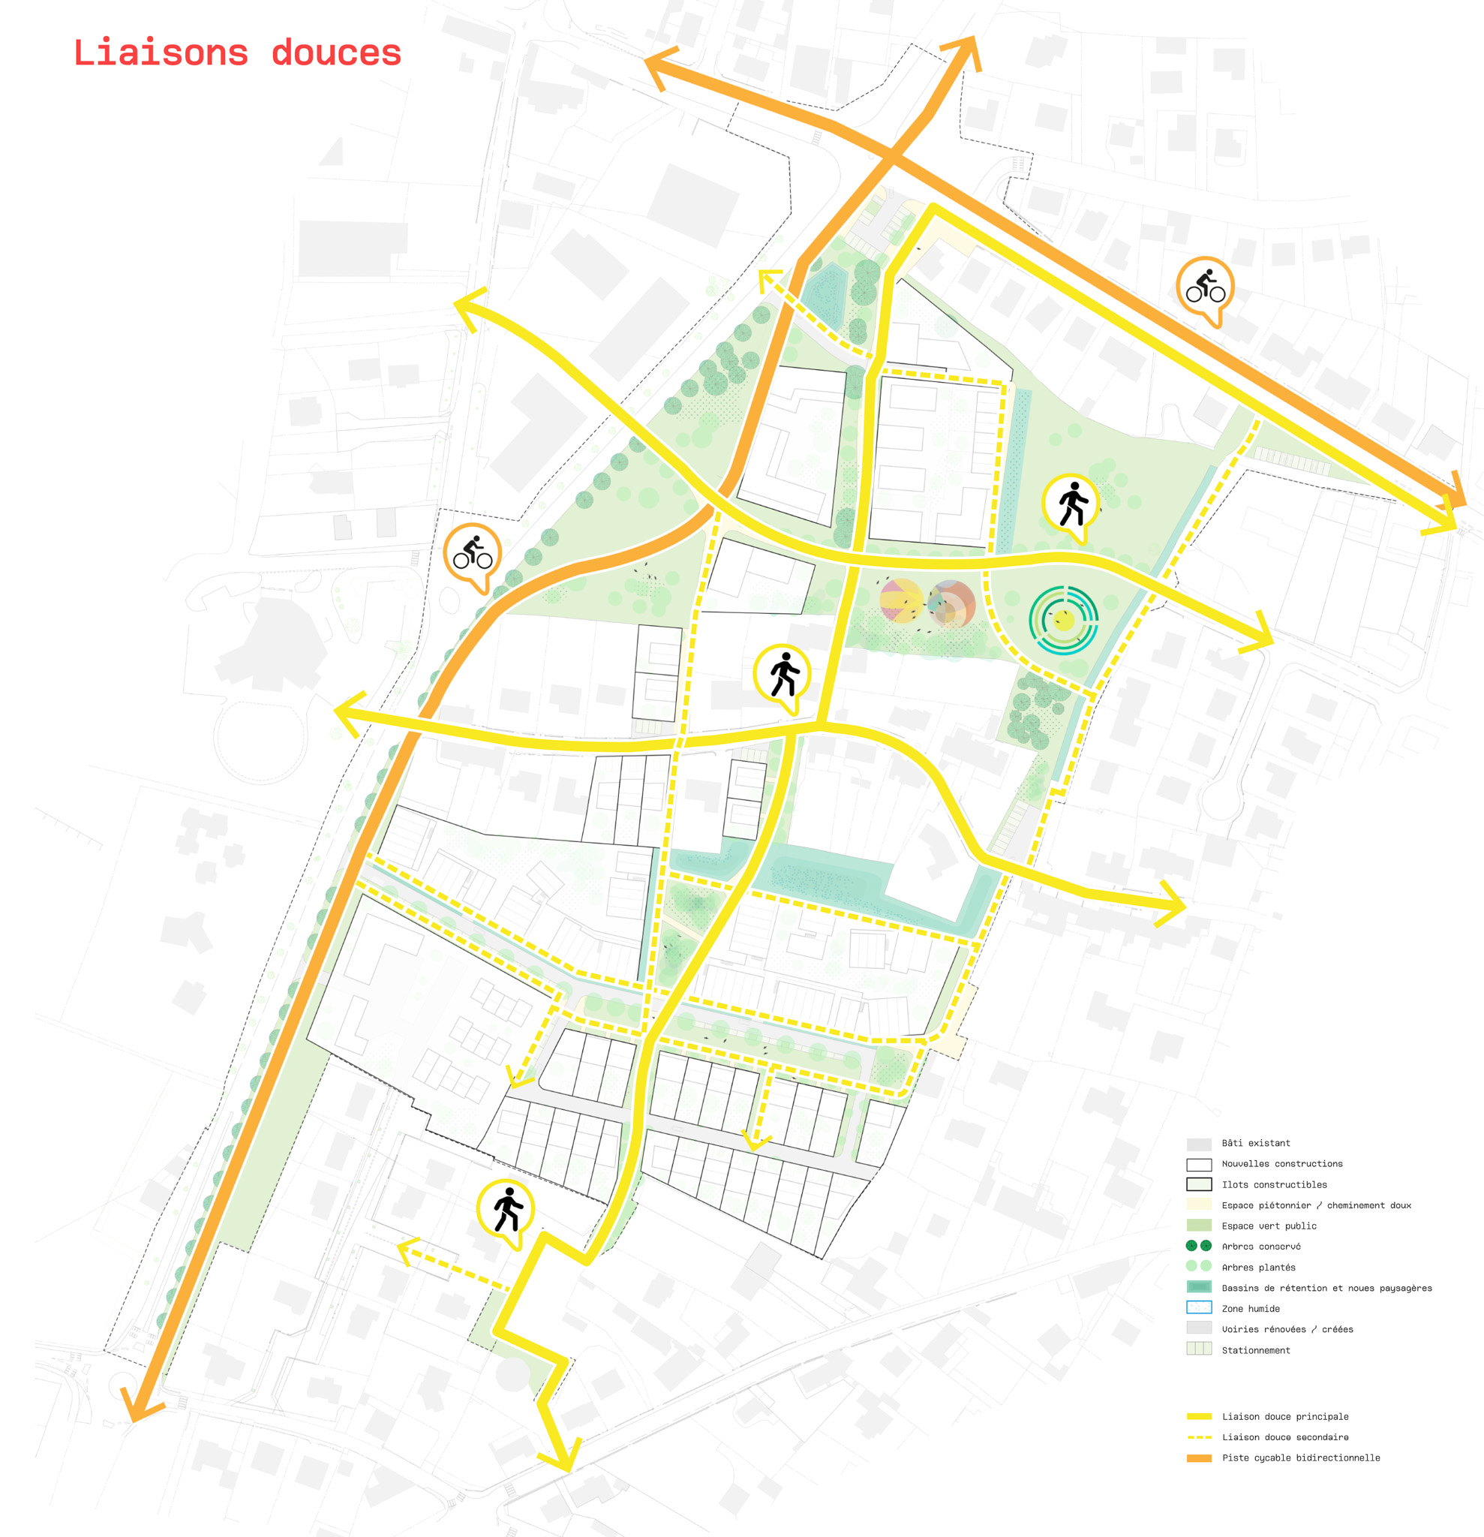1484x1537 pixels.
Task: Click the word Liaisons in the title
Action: tap(161, 53)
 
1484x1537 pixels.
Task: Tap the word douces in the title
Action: tap(336, 53)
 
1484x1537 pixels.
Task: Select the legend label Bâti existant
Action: tap(1255, 1143)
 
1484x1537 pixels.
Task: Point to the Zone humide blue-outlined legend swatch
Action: tap(1199, 1307)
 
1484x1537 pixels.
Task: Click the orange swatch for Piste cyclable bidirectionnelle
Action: tap(1199, 1457)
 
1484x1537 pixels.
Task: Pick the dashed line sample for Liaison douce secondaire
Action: tap(1199, 1437)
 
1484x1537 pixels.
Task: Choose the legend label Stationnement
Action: tap(1255, 1350)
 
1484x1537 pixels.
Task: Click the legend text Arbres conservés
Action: tap(1260, 1246)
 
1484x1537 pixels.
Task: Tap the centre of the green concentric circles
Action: tap(1063, 621)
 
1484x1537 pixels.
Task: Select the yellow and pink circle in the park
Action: tap(901, 600)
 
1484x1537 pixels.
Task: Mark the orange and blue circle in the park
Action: tap(951, 603)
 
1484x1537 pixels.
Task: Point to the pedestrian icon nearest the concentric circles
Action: tap(1071, 506)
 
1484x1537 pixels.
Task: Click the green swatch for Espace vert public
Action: tap(1199, 1225)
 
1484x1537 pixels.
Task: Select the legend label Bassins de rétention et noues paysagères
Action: tap(1326, 1288)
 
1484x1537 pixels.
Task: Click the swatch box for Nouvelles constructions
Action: tap(1199, 1165)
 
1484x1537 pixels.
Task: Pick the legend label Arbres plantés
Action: tap(1258, 1268)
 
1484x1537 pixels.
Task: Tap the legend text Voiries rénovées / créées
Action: tap(1287, 1329)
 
